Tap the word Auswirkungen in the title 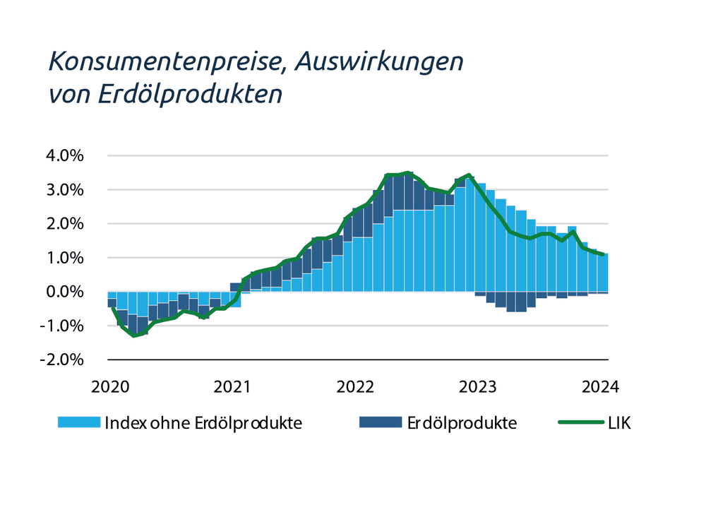point(378,63)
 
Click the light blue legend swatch point(79,423)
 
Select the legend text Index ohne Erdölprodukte point(203,424)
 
